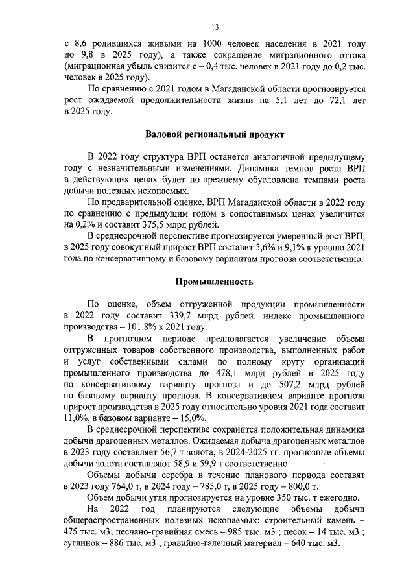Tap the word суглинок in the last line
click(86, 542)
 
